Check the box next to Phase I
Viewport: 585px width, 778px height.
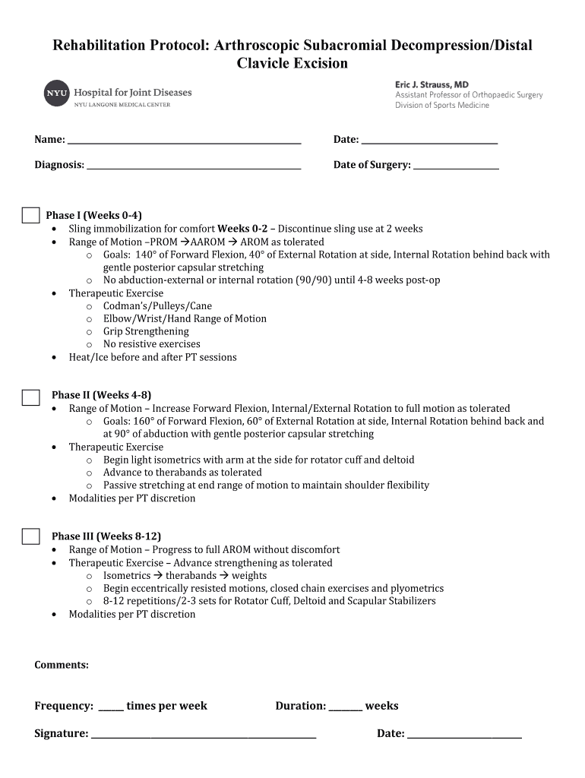[30, 215]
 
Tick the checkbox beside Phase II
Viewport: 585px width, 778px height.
[30, 397]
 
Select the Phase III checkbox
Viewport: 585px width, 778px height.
[30, 536]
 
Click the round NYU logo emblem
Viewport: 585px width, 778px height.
[57, 93]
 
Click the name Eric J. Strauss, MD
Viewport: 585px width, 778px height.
[432, 85]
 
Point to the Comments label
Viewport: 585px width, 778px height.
[62, 666]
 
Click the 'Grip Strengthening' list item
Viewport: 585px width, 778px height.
[146, 331]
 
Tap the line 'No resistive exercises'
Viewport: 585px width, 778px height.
[152, 344]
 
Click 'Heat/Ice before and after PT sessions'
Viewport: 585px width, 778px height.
[153, 357]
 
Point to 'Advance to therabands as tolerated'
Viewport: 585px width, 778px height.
[182, 473]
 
